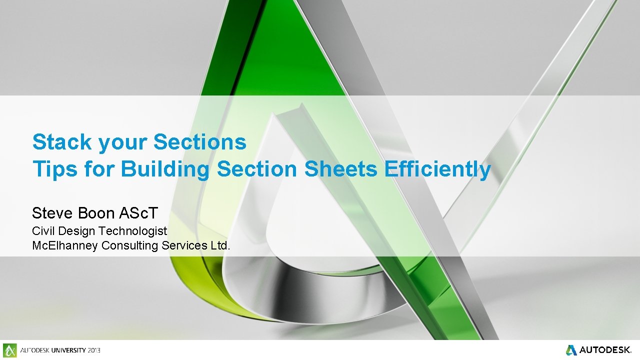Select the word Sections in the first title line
tap(199, 142)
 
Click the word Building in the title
tap(165, 169)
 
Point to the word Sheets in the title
tap(341, 169)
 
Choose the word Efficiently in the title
tap(437, 169)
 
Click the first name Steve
tap(52, 213)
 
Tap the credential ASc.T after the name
tap(138, 213)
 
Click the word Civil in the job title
tap(43, 231)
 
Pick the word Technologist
tap(132, 231)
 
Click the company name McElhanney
tap(64, 245)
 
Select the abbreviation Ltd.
tap(220, 245)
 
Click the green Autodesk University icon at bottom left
tap(10, 350)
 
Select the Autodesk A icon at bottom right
tap(571, 349)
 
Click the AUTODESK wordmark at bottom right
tap(605, 350)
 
